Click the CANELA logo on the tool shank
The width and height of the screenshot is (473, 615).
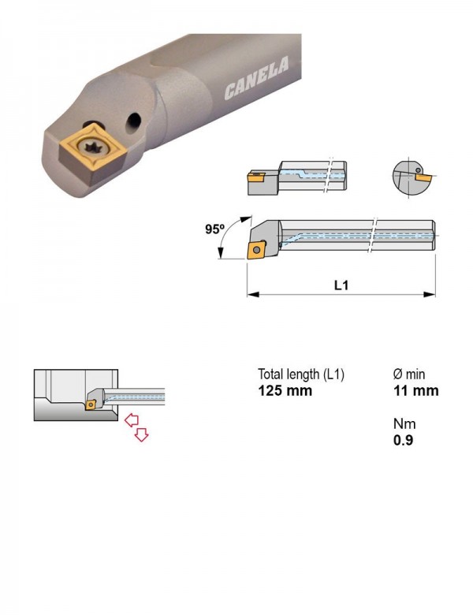coord(257,78)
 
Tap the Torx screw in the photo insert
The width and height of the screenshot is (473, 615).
coord(92,148)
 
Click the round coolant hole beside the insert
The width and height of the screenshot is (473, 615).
coord(133,121)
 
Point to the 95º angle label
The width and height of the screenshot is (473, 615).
coord(215,229)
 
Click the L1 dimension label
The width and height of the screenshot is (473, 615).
coord(341,285)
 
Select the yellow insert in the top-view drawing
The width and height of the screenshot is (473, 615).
coord(255,177)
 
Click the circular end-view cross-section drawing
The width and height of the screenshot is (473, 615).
coord(409,177)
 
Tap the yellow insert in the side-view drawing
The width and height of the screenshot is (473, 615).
coord(256,249)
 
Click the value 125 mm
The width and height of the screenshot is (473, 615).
coord(285,390)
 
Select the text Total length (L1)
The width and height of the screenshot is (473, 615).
coord(301,375)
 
